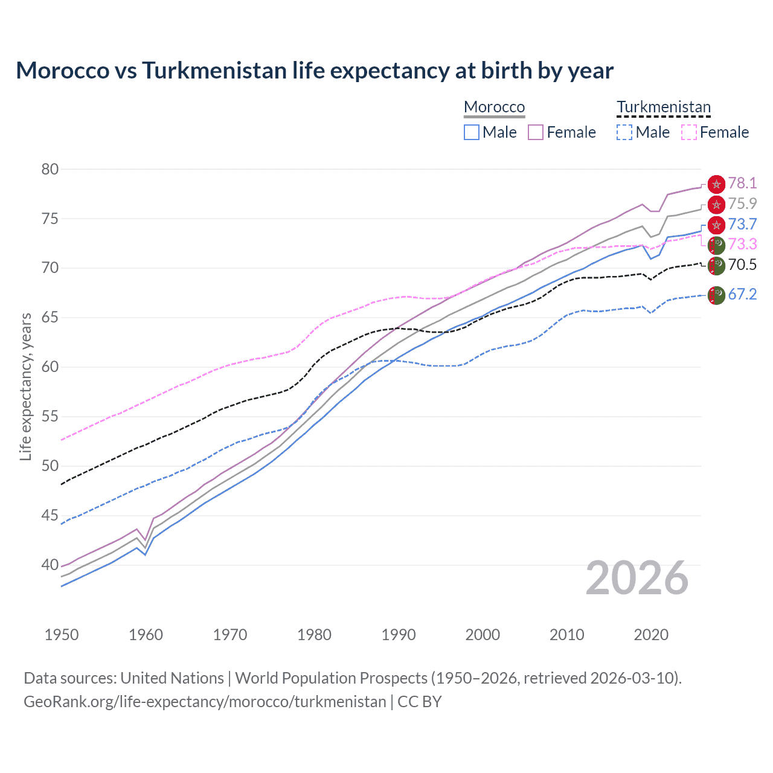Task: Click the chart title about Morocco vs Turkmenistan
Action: pos(315,71)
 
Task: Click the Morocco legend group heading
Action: pos(494,107)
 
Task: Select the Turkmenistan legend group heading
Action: pos(663,107)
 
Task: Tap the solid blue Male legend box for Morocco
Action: pos(472,132)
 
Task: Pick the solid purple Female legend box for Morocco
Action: pos(536,132)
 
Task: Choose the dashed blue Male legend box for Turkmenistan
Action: pos(624,132)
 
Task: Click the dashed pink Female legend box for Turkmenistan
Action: pos(689,132)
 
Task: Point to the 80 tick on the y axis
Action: pos(50,169)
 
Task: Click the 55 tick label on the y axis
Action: pos(50,417)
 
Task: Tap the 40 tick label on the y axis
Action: pos(50,565)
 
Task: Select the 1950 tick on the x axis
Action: pos(62,635)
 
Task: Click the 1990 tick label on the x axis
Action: pos(399,635)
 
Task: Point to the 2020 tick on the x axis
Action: pos(651,635)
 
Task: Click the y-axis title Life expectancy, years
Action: pos(26,386)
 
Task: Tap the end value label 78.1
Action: pos(742,184)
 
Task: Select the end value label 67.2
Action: pos(742,295)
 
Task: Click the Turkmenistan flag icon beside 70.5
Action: pos(716,265)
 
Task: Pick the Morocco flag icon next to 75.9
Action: pos(716,204)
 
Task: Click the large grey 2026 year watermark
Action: pos(637,578)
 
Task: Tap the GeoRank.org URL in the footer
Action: pos(205,702)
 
